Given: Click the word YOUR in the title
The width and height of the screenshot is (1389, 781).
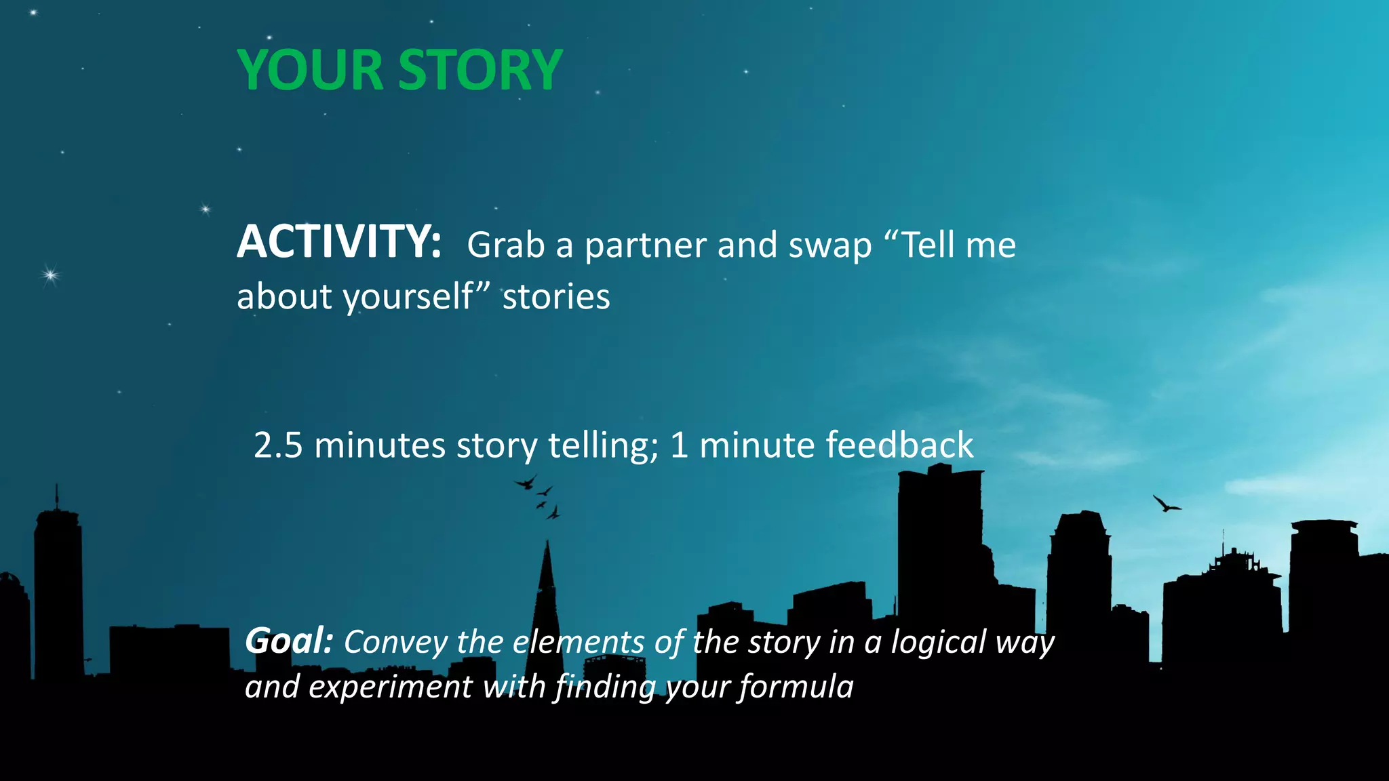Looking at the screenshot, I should tap(310, 70).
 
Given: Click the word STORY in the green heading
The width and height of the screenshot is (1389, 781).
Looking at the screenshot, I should tap(480, 70).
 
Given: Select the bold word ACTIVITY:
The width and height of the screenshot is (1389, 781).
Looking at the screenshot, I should tap(339, 242).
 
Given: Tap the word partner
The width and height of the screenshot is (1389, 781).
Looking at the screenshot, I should tap(645, 246).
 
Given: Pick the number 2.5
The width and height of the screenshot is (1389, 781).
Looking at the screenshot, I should tap(278, 445).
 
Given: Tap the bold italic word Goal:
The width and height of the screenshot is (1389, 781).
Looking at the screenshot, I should tap(289, 641).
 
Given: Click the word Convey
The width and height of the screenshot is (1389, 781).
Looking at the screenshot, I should tap(395, 642).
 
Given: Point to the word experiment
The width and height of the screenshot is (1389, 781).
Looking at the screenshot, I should tap(389, 687).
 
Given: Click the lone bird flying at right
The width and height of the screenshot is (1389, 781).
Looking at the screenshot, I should tap(1166, 504).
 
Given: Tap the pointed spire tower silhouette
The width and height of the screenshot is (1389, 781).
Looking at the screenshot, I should tap(547, 597).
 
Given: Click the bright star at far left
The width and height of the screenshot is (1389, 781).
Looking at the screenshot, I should tap(50, 275).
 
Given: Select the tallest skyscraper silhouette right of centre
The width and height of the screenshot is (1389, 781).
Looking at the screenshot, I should tap(939, 542).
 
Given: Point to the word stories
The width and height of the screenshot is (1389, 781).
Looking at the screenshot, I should tap(555, 297).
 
